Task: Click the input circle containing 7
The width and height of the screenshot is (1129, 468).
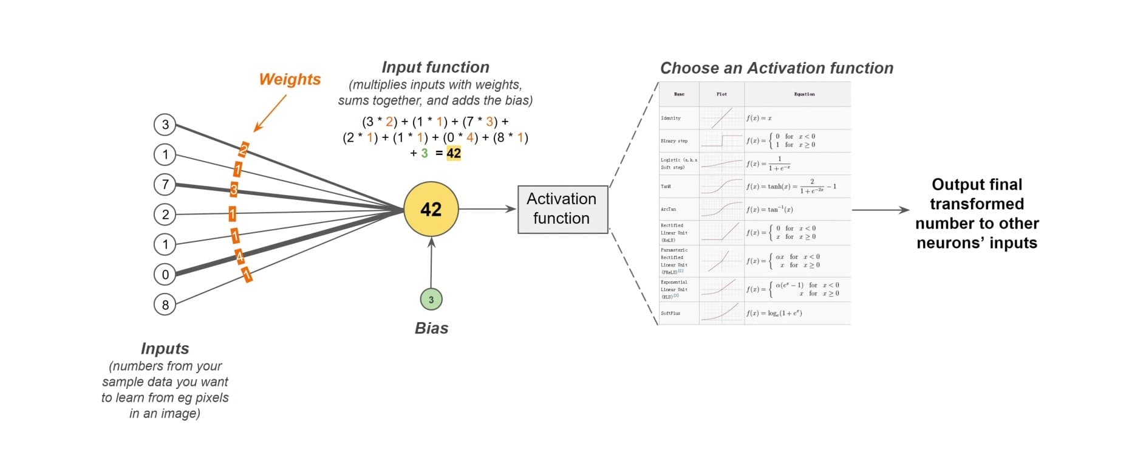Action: [x=165, y=184]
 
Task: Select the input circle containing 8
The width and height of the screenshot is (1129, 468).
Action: [x=165, y=304]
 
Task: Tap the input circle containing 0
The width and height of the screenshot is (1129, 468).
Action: [x=165, y=274]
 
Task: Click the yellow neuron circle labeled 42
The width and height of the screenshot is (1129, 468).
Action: [x=431, y=209]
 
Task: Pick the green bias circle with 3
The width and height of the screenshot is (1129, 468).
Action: [x=431, y=299]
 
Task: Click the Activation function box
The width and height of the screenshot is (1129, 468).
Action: [x=562, y=209]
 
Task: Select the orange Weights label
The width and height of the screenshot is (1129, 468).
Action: [x=290, y=80]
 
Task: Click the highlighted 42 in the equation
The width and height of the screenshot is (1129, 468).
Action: [x=454, y=153]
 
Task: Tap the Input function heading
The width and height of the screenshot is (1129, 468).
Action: [x=435, y=67]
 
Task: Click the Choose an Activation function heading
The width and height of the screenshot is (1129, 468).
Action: [x=777, y=68]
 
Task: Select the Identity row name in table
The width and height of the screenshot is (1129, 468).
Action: [x=671, y=118]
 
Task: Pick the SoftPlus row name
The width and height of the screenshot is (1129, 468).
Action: [x=671, y=313]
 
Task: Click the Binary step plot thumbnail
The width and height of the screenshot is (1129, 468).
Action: [x=721, y=140]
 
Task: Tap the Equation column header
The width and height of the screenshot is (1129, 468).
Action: [x=804, y=94]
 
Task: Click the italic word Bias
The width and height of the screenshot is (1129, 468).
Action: [x=431, y=328]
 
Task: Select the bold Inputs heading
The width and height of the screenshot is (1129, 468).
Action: [x=165, y=348]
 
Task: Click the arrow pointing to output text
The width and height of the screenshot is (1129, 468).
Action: [x=880, y=210]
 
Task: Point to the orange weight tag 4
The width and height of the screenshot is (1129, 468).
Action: [x=240, y=257]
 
